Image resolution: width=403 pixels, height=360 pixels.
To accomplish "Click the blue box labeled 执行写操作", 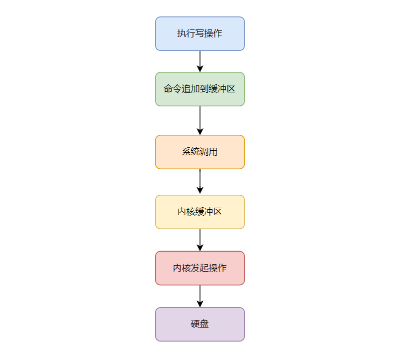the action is pos(200,34).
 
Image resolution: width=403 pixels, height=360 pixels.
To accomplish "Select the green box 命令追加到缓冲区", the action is pos(200,89).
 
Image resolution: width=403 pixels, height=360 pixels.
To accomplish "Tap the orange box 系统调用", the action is pos(200,152).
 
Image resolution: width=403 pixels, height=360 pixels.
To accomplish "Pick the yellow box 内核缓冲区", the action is pos(200,212).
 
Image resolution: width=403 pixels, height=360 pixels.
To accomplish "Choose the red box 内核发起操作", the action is pos(200,268).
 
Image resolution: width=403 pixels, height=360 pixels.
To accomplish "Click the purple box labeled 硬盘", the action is pos(200,324).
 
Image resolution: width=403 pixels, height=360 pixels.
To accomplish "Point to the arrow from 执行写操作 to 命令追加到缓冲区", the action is pos(200,61).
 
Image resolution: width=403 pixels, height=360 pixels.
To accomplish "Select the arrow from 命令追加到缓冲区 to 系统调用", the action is pos(200,120).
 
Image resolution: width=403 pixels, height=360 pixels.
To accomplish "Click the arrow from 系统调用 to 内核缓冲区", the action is pos(200,182).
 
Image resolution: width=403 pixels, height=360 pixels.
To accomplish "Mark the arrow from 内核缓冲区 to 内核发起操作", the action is pos(200,240).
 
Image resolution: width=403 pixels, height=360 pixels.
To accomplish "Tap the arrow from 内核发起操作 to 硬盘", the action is pos(200,296).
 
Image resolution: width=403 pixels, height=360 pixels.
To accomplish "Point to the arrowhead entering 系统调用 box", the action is pos(200,132).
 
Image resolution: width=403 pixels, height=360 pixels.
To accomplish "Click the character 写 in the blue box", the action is pos(200,33).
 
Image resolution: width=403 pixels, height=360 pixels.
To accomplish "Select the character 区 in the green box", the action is pos(231,89).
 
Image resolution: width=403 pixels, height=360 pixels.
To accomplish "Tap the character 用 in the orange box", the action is pos(213,152).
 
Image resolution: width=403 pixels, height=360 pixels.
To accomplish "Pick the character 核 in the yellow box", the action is pos(191,212).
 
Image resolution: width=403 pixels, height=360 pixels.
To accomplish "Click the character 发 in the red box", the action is pos(196,268).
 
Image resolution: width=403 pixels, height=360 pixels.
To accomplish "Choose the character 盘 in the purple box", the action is pos(204,324).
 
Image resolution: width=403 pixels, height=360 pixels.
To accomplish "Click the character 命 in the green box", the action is pos(169,89).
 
